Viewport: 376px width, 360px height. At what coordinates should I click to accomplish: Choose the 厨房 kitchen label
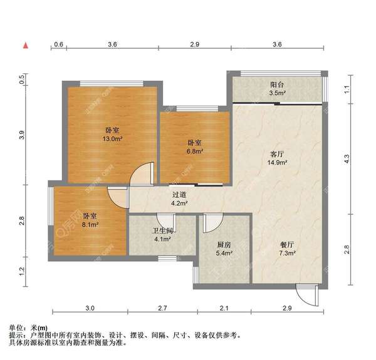click(224, 245)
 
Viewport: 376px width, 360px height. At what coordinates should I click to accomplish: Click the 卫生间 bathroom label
click(162, 230)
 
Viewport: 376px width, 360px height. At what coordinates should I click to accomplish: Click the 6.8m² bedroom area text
click(193, 150)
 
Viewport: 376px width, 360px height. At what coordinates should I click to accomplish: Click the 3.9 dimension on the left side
click(22, 134)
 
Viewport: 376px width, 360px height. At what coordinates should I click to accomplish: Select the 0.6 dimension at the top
click(58, 44)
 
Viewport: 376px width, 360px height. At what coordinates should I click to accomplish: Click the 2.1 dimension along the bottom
click(224, 309)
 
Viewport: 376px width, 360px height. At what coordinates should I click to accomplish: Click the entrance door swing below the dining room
click(303, 294)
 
